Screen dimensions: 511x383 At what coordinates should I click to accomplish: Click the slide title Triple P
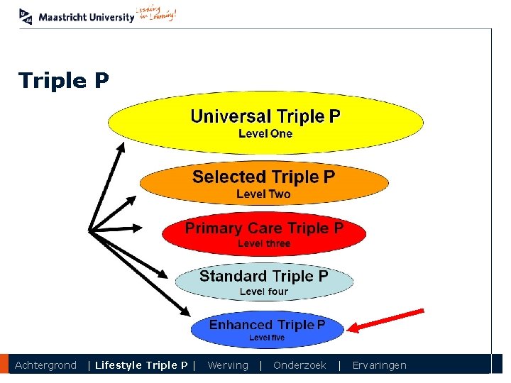pos(64,81)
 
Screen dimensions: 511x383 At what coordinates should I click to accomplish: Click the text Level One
pos(265,133)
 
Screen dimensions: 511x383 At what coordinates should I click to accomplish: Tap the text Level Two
pos(263,194)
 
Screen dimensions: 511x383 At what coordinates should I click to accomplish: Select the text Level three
pos(264,243)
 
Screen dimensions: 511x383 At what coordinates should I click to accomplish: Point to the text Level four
pos(263,292)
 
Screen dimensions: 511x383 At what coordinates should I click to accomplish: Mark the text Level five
pos(267,338)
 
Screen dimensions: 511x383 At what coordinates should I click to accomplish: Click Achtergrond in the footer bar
pos(45,365)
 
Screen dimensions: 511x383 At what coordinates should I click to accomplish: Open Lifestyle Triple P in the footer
pos(141,365)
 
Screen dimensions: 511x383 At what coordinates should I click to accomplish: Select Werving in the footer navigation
pos(228,365)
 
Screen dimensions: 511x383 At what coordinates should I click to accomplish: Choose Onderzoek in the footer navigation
pos(300,365)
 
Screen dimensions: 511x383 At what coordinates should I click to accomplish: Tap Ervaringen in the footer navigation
pos(380,365)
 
